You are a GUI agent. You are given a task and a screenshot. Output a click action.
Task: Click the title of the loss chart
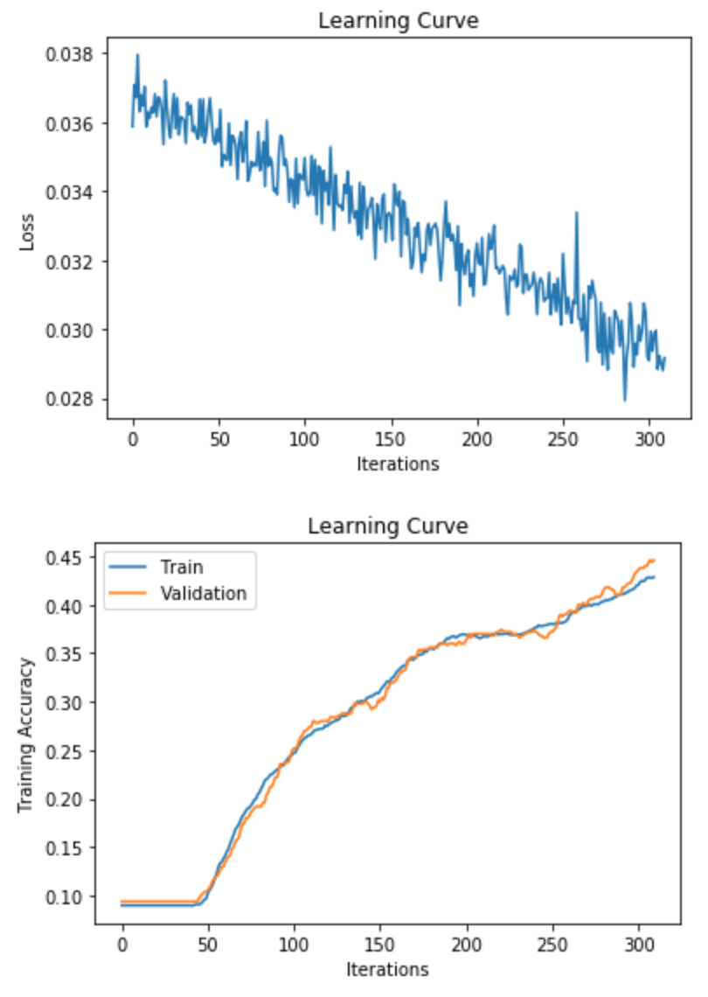[398, 21]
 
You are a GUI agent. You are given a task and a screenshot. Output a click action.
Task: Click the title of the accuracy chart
[387, 526]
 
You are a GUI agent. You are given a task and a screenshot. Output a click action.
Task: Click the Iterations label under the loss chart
[398, 464]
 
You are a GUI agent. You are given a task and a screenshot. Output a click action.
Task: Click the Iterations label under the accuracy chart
[387, 969]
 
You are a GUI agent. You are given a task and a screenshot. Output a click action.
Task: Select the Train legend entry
[182, 567]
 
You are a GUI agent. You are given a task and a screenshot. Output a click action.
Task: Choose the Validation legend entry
[203, 593]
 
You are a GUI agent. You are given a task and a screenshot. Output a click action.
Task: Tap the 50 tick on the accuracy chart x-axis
[208, 944]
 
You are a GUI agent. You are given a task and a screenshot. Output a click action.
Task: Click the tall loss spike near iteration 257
[576, 213]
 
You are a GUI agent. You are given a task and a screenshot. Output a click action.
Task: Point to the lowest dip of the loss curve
[624, 400]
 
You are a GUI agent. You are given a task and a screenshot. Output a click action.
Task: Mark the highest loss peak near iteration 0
[137, 55]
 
